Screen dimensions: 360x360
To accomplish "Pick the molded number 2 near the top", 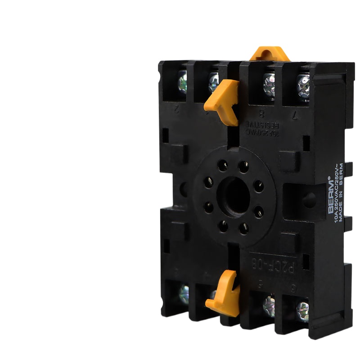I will click(177, 108).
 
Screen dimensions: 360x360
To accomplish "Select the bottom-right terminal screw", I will click(302, 309).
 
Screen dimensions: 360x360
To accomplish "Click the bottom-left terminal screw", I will click(184, 294).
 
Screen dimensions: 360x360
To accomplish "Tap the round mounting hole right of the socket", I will click(309, 200).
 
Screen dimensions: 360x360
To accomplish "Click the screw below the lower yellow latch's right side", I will click(269, 305).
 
